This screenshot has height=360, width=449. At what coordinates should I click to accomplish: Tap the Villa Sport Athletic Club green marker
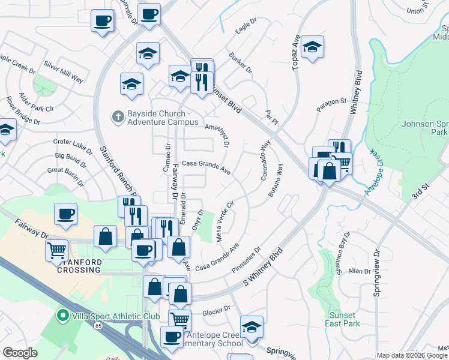(61, 315)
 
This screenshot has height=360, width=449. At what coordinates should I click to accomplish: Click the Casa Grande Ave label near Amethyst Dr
(206, 166)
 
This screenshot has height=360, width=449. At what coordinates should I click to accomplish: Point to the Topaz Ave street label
(295, 52)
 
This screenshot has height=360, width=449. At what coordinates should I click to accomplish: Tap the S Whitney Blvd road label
(262, 267)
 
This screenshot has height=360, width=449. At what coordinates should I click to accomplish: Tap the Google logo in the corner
(20, 352)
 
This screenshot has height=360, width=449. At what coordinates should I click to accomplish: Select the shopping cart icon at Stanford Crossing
(57, 250)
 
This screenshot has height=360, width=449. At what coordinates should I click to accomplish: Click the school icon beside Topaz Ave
(312, 47)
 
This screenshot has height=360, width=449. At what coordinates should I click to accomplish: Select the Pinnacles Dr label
(246, 259)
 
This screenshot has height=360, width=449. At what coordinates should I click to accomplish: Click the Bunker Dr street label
(241, 64)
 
